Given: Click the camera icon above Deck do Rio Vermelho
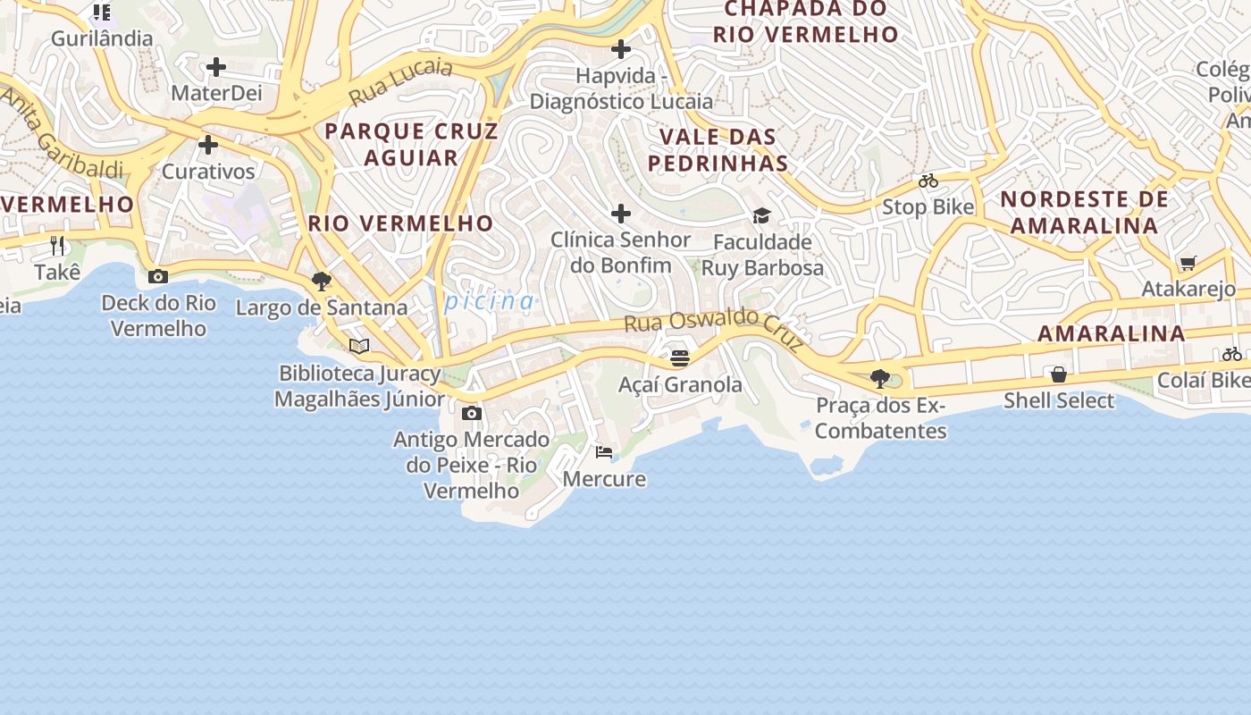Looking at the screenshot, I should click(158, 276).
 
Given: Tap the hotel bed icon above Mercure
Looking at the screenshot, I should click(604, 452).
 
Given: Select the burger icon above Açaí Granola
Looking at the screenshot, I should click(680, 358).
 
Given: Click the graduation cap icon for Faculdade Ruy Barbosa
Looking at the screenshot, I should click(761, 215).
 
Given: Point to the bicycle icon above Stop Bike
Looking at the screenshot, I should click(928, 181).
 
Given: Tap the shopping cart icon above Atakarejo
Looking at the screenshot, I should click(1188, 263).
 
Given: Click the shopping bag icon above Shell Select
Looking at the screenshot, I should click(1059, 374).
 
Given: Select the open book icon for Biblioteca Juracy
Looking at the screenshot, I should click(359, 346).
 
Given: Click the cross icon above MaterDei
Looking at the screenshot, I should click(215, 67).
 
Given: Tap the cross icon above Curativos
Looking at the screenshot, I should click(208, 145).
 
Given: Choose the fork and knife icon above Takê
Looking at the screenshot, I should click(58, 246).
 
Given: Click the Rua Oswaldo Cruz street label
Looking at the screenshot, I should click(715, 326).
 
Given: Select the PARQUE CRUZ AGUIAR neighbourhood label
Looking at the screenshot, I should click(411, 144).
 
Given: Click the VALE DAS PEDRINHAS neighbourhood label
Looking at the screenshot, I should click(718, 150).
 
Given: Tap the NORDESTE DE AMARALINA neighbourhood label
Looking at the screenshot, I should click(1084, 212).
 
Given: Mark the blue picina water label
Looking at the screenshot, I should click(490, 301).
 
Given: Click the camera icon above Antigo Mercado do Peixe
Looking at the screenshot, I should click(472, 413).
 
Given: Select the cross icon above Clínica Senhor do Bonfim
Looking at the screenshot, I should click(621, 214).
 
